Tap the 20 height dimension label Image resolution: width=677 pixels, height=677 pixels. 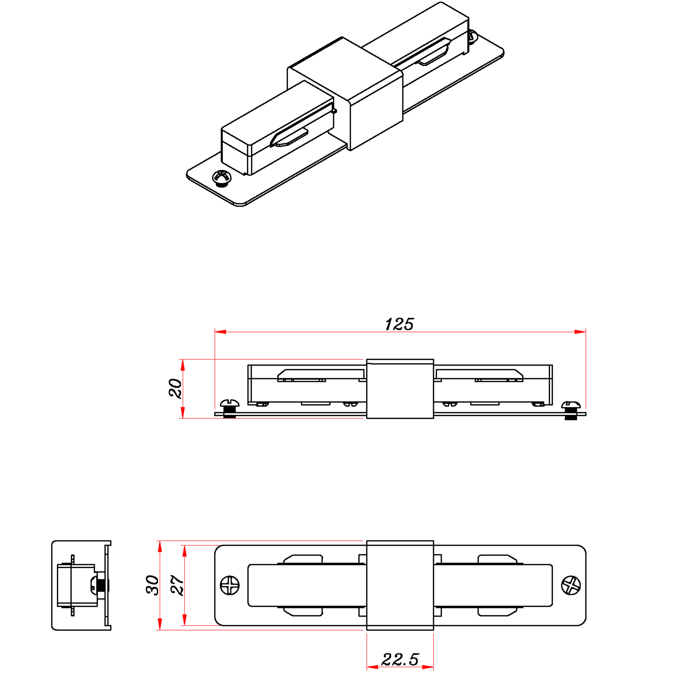point(175,388)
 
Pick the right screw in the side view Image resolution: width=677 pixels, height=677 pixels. point(571,410)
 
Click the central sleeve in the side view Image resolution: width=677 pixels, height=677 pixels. point(400,389)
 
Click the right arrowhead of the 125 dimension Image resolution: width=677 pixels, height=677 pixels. point(580,332)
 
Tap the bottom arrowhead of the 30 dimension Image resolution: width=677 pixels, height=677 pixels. point(160,624)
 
